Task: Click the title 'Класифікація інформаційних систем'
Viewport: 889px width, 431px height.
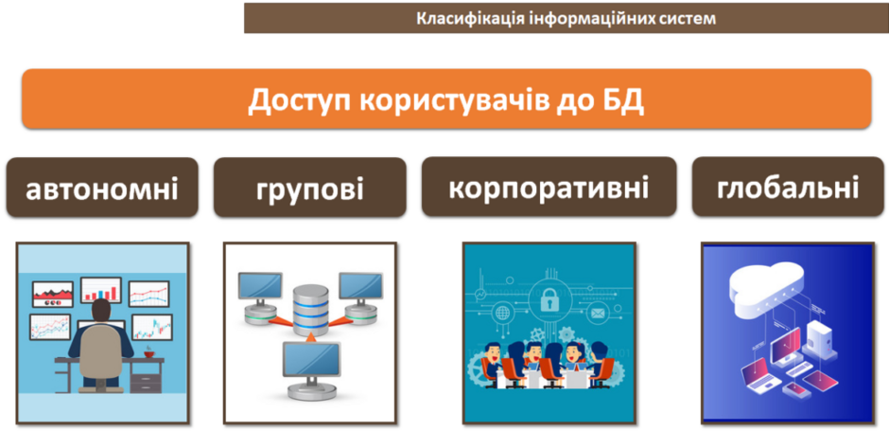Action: coord(567,18)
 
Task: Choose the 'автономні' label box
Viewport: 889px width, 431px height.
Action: coord(102,188)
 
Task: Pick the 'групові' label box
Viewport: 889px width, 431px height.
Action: coord(309,188)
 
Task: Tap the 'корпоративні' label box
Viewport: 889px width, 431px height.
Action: coord(549,187)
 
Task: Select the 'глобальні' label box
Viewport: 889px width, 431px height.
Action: coord(788,187)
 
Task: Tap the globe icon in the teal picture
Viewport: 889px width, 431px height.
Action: coord(502,313)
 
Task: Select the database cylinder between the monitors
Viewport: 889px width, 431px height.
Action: coord(311,310)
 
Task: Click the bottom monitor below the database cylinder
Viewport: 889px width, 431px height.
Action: coord(310,370)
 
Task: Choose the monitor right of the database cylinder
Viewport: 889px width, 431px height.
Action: coord(360,296)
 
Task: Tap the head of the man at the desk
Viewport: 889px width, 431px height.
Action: coord(101,310)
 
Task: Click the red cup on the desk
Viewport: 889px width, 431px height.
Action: coord(149,353)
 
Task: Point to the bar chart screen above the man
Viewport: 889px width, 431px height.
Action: coord(101,290)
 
